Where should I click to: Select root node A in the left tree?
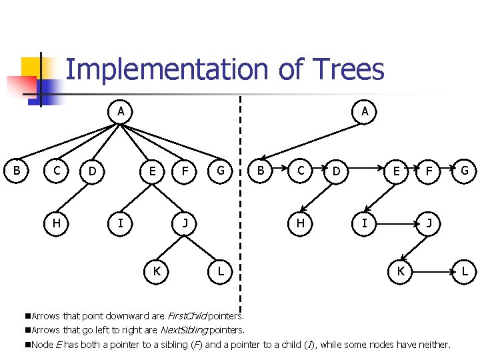click(x=120, y=111)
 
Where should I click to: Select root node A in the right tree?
click(x=365, y=111)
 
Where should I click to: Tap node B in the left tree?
click(x=17, y=171)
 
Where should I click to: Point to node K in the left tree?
click(x=156, y=271)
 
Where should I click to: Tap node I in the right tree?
click(x=364, y=223)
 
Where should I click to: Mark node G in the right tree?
click(x=464, y=171)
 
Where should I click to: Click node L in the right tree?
click(x=464, y=271)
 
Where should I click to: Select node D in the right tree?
click(x=337, y=171)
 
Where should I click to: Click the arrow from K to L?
click(x=432, y=271)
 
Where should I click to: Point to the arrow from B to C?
click(x=280, y=171)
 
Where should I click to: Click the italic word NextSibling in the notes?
click(x=183, y=329)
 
